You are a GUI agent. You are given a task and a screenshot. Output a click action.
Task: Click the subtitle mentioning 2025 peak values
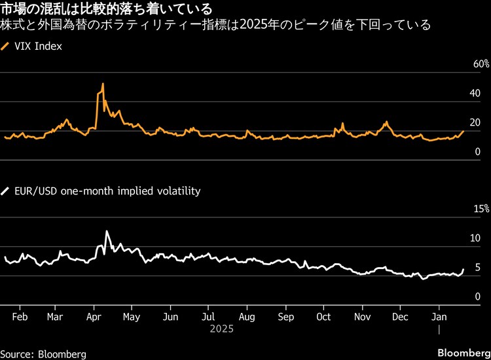215,26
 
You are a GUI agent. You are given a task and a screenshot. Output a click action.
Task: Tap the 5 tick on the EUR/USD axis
477,268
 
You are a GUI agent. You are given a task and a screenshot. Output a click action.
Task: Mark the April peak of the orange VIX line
103,84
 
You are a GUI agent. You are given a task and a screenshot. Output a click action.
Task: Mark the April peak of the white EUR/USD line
107,231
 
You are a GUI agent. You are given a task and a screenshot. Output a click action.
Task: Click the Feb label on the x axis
20,316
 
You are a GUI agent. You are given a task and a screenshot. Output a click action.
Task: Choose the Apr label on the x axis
94,316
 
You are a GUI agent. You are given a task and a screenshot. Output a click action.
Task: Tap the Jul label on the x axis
208,316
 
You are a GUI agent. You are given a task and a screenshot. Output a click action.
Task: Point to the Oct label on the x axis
323,316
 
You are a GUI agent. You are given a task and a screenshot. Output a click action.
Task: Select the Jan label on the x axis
439,316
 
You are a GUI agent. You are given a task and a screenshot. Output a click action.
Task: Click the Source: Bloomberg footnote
43,353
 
